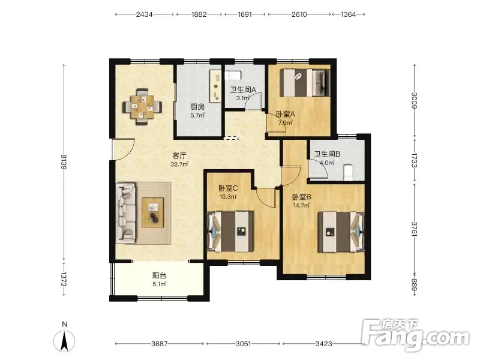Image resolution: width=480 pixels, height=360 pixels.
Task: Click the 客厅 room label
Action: click(x=179, y=156)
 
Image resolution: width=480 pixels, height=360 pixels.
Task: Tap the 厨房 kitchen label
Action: click(x=197, y=107)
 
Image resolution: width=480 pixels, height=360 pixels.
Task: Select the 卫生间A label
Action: click(x=243, y=89)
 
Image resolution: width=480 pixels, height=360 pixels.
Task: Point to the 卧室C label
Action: click(x=228, y=188)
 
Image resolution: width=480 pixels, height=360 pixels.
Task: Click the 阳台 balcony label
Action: click(x=159, y=275)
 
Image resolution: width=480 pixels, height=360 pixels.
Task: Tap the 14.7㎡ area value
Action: click(x=302, y=205)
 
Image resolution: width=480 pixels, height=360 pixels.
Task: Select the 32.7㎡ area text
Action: click(x=179, y=164)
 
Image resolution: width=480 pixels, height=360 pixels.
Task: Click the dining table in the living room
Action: click(x=142, y=107)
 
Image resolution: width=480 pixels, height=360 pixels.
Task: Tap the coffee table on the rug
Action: click(x=152, y=212)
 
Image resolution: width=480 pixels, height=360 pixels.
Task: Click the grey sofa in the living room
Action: click(x=126, y=214)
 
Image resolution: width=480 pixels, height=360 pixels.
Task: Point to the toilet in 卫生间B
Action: click(x=348, y=172)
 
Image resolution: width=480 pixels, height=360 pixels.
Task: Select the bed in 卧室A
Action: click(x=305, y=83)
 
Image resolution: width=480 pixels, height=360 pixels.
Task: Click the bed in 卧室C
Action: click(x=230, y=231)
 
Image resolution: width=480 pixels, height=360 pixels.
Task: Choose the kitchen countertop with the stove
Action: click(x=215, y=86)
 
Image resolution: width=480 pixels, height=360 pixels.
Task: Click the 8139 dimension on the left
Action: click(x=64, y=161)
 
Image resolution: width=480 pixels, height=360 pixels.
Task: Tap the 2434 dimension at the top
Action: click(x=144, y=14)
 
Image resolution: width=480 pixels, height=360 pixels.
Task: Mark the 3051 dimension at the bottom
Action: click(x=244, y=344)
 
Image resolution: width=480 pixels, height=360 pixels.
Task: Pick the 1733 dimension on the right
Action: click(x=414, y=160)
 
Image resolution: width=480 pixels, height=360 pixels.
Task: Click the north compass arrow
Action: click(x=64, y=341)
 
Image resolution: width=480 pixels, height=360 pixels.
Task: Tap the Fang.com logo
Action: click(x=415, y=335)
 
